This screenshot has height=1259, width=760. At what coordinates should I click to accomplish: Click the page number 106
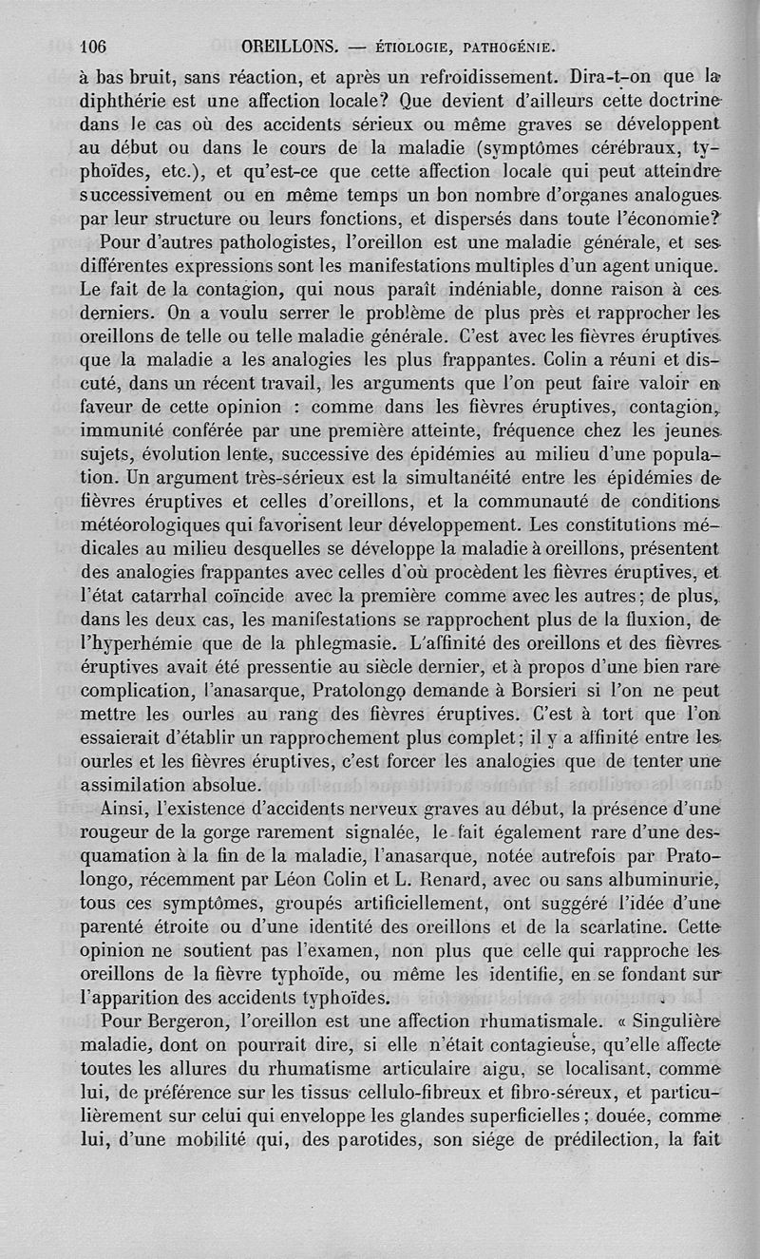coord(96,44)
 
